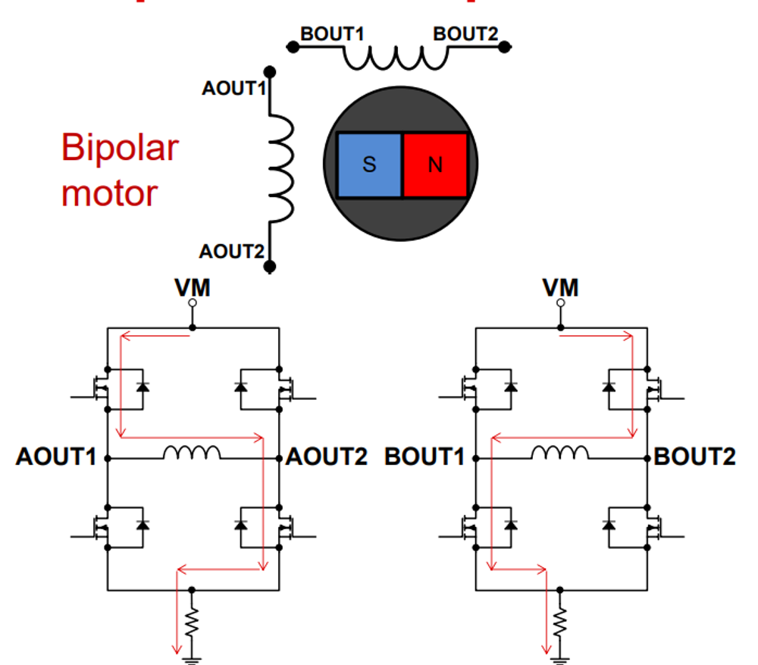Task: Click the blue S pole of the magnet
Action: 369,165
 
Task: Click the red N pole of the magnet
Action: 434,165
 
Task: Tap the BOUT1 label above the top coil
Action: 332,34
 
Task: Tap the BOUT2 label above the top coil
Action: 465,34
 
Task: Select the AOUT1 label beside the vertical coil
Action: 233,89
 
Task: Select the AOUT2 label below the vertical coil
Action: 231,252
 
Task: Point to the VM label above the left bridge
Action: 192,288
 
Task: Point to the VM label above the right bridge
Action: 561,288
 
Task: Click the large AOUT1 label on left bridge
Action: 56,457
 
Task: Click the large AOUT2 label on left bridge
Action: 327,457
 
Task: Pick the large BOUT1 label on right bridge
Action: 424,457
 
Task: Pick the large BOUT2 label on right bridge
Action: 695,457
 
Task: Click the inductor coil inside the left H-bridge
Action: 192,453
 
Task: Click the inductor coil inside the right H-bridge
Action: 559,453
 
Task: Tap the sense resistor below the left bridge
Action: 192,622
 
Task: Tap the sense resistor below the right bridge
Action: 561,622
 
